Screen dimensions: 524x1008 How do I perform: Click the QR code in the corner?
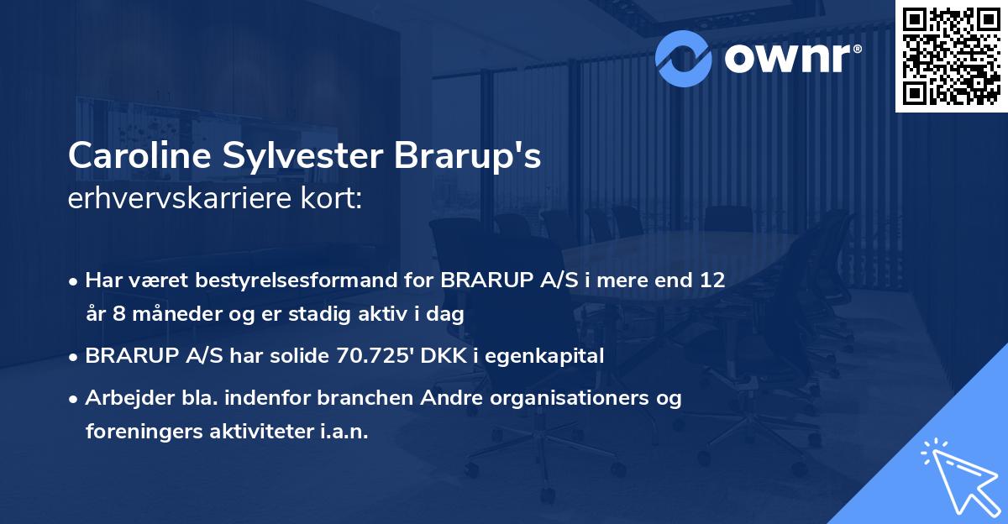(951, 56)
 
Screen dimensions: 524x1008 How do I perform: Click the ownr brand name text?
(790, 57)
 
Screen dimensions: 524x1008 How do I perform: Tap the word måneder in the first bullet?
(169, 314)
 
